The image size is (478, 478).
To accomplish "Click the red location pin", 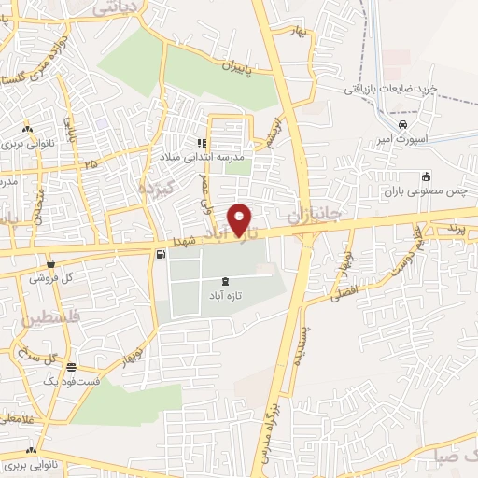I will coord(242,219).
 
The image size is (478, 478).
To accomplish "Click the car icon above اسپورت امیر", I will coord(401,124).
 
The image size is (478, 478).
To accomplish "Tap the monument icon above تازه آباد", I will coord(227,281).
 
